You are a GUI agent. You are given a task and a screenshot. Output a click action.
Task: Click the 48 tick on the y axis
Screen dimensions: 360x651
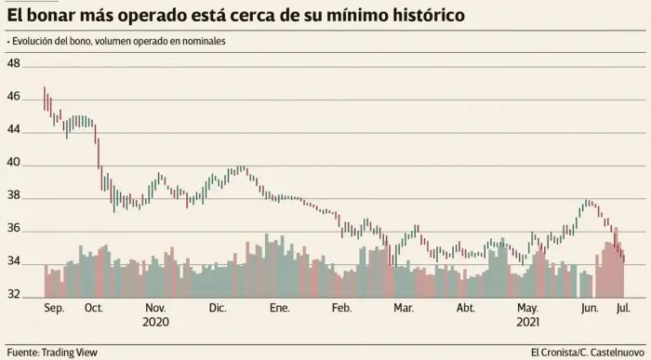point(13,64)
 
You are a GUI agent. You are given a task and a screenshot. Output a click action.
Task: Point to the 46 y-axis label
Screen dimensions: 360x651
point(13,97)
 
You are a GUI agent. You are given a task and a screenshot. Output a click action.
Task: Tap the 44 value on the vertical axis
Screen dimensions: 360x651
point(13,130)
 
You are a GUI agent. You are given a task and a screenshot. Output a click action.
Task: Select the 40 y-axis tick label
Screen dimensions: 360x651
point(13,164)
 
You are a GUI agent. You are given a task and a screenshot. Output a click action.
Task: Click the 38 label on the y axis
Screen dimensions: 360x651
point(13,197)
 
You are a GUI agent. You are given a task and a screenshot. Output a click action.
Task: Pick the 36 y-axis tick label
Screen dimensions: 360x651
point(13,231)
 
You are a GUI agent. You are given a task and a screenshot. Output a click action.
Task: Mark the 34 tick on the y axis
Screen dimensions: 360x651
point(13,263)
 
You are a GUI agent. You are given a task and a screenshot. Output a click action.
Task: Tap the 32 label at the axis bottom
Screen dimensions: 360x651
point(13,296)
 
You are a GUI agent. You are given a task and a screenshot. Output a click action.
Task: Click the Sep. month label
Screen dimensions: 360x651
point(55,307)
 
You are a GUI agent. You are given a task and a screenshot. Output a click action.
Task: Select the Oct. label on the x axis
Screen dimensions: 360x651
point(93,307)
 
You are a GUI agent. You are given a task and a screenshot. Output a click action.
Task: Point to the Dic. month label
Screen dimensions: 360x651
point(218,307)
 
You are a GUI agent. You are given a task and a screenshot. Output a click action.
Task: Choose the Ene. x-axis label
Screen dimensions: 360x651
point(280,307)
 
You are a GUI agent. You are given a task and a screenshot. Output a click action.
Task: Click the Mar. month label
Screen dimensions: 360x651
point(404,307)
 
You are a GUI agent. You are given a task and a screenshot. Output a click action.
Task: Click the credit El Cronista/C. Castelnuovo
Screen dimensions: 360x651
point(587,352)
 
